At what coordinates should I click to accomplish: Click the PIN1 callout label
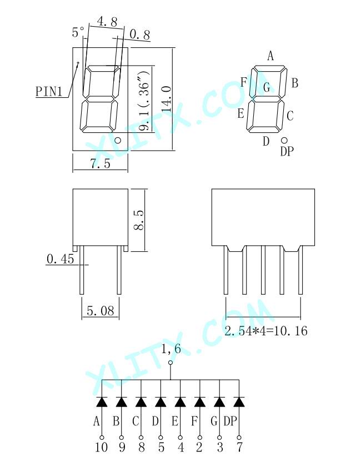click(49, 92)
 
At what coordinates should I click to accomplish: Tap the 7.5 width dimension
click(101, 163)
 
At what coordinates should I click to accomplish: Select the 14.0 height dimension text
click(166, 99)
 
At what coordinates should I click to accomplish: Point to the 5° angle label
click(78, 32)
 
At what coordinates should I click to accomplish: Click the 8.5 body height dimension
click(139, 220)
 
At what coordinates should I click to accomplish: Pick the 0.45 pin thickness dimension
click(61, 259)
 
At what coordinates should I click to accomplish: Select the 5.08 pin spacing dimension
click(101, 311)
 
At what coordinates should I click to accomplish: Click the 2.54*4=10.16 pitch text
click(265, 331)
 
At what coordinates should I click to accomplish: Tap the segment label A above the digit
click(270, 56)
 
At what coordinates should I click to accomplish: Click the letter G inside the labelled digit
click(267, 87)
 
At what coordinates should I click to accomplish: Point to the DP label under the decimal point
click(287, 151)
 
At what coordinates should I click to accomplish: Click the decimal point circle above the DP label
click(284, 140)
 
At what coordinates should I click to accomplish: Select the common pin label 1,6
click(171, 349)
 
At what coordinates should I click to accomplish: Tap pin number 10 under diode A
click(101, 447)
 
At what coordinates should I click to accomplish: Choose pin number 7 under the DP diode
click(239, 447)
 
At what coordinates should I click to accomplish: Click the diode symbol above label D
click(161, 401)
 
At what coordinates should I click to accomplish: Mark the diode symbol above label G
click(219, 401)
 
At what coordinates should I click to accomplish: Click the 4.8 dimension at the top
click(107, 22)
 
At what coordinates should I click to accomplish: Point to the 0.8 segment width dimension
click(140, 35)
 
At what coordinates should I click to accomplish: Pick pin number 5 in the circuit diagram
click(161, 447)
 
